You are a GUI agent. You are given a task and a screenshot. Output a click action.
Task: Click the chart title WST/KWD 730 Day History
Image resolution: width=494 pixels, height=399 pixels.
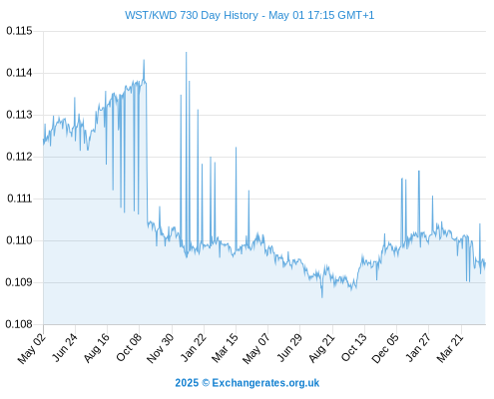click(x=192, y=15)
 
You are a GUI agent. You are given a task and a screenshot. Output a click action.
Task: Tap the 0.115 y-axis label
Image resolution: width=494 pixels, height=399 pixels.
click(x=19, y=31)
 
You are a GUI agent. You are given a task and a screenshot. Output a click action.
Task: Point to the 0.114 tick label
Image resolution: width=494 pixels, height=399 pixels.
click(x=19, y=73)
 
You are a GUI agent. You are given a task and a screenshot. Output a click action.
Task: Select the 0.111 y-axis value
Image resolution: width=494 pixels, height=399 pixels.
click(x=20, y=199)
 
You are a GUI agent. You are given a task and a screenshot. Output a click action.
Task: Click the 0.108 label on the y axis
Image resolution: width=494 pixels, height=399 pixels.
click(x=19, y=324)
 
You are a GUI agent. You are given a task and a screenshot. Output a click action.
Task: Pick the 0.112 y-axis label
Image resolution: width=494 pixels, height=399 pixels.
click(x=19, y=157)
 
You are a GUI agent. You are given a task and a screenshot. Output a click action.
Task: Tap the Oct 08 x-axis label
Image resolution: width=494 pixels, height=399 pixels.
click(x=129, y=347)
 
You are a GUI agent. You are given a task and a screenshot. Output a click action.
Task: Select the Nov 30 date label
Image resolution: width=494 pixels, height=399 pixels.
click(x=161, y=348)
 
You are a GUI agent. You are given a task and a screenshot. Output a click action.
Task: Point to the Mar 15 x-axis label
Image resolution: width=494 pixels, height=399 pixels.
click(x=226, y=347)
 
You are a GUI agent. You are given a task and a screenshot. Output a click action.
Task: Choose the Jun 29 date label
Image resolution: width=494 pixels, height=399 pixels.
click(x=289, y=347)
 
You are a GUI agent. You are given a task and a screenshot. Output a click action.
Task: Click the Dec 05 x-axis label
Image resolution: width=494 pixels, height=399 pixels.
click(x=385, y=348)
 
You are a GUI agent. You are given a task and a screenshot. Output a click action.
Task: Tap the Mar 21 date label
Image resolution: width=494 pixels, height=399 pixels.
click(x=450, y=347)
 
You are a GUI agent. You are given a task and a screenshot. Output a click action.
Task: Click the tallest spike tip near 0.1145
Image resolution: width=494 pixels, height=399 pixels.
click(x=187, y=53)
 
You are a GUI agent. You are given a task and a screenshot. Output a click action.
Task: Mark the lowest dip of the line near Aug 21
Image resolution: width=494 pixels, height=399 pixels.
click(x=322, y=297)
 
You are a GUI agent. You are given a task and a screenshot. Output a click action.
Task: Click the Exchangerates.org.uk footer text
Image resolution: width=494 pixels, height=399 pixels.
click(x=265, y=383)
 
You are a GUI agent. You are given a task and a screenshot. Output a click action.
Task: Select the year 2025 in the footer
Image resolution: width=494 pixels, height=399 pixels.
click(x=187, y=383)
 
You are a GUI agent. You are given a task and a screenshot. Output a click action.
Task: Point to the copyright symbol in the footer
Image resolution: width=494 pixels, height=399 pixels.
click(x=206, y=383)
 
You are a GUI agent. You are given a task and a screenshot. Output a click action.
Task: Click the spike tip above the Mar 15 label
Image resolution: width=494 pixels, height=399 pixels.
click(x=237, y=148)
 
